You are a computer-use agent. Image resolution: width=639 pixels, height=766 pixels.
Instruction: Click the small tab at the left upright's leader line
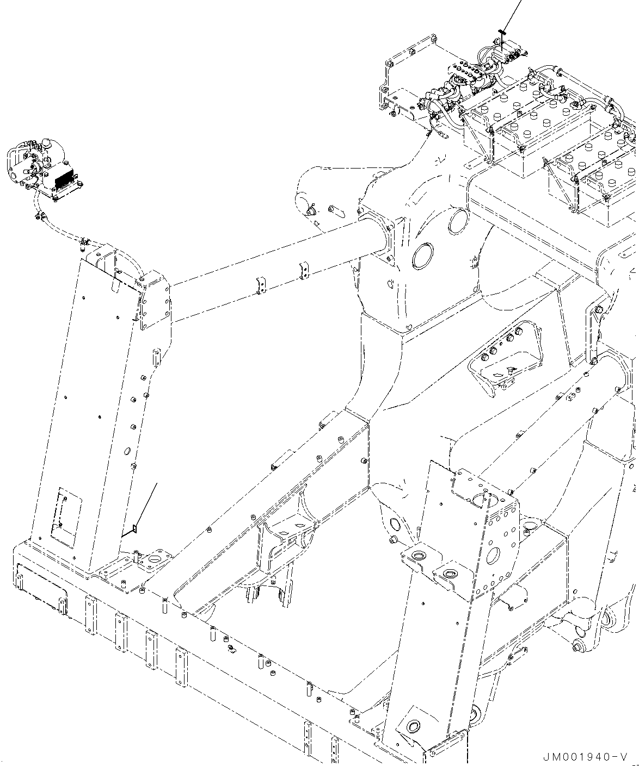coord(134,528)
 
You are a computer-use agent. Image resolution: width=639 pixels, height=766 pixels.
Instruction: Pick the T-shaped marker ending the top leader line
coord(502,33)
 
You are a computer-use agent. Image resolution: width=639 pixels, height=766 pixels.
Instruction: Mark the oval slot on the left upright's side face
coord(127,451)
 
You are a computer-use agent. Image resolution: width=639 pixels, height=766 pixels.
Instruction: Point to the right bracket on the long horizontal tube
coord(304,271)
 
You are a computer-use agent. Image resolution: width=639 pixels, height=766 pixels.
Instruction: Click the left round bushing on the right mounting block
coord(419,556)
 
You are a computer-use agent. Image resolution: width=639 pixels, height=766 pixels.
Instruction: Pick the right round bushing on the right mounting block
coord(450,574)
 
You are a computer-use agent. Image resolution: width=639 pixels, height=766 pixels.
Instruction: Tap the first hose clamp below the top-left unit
coord(38,217)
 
